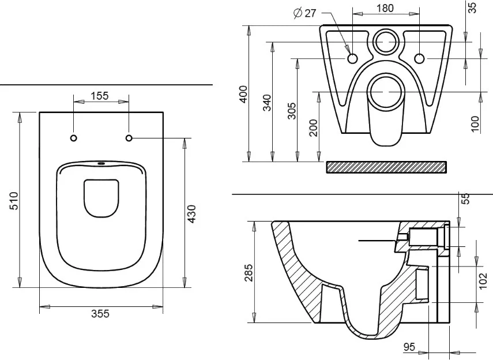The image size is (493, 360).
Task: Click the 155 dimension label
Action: [x=100, y=96]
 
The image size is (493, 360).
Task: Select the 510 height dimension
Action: [x=15, y=201]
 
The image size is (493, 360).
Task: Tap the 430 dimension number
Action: [x=191, y=213]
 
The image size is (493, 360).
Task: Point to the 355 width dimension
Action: [x=100, y=313]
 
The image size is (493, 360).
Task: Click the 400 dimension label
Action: [x=243, y=93]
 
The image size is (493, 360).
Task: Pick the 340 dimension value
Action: [x=267, y=103]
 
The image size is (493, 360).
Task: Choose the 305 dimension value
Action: [x=292, y=110]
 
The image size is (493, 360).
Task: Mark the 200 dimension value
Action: [x=313, y=127]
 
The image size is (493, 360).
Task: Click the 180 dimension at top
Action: [x=385, y=8]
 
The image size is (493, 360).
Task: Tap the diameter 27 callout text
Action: [x=304, y=13]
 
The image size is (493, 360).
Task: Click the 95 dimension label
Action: [x=409, y=347]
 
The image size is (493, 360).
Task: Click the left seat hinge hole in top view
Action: [x=74, y=138]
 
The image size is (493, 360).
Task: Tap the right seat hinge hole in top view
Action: [x=129, y=138]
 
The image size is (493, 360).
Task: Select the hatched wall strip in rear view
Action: [x=386, y=167]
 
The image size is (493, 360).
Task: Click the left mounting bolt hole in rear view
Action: [x=352, y=58]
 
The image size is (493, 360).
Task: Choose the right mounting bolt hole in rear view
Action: [x=419, y=58]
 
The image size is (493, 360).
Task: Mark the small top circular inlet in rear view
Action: [x=385, y=41]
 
